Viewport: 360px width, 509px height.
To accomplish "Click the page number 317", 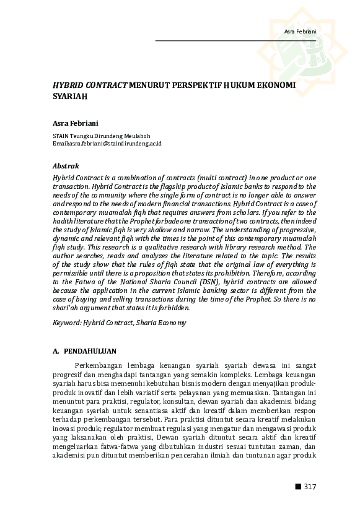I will point(310,487).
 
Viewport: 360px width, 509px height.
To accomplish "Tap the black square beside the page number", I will point(298,487).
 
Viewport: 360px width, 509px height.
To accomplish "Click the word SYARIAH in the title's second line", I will point(70,97).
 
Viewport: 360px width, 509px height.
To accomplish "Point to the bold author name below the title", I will point(71,123).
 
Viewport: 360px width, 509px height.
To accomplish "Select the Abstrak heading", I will point(65,166).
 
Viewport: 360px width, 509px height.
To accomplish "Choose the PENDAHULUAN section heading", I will point(90,352).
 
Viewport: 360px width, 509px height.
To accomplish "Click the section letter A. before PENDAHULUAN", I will point(56,352).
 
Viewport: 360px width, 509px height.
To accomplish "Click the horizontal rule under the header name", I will point(235,41).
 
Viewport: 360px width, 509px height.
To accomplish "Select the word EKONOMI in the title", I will point(273,85).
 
